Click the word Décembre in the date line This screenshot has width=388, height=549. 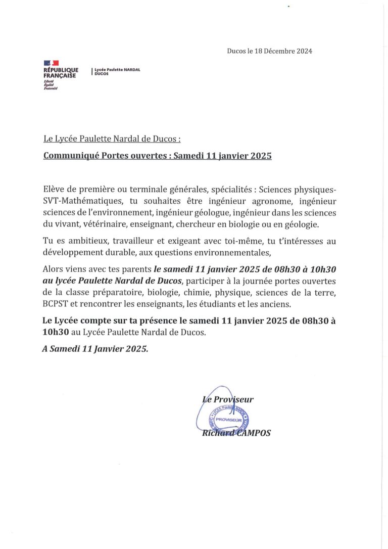point(276,51)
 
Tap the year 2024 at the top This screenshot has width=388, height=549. point(303,51)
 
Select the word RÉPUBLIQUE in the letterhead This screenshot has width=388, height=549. point(61,70)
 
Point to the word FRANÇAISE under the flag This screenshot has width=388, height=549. point(60,75)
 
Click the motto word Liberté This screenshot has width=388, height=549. point(49,81)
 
